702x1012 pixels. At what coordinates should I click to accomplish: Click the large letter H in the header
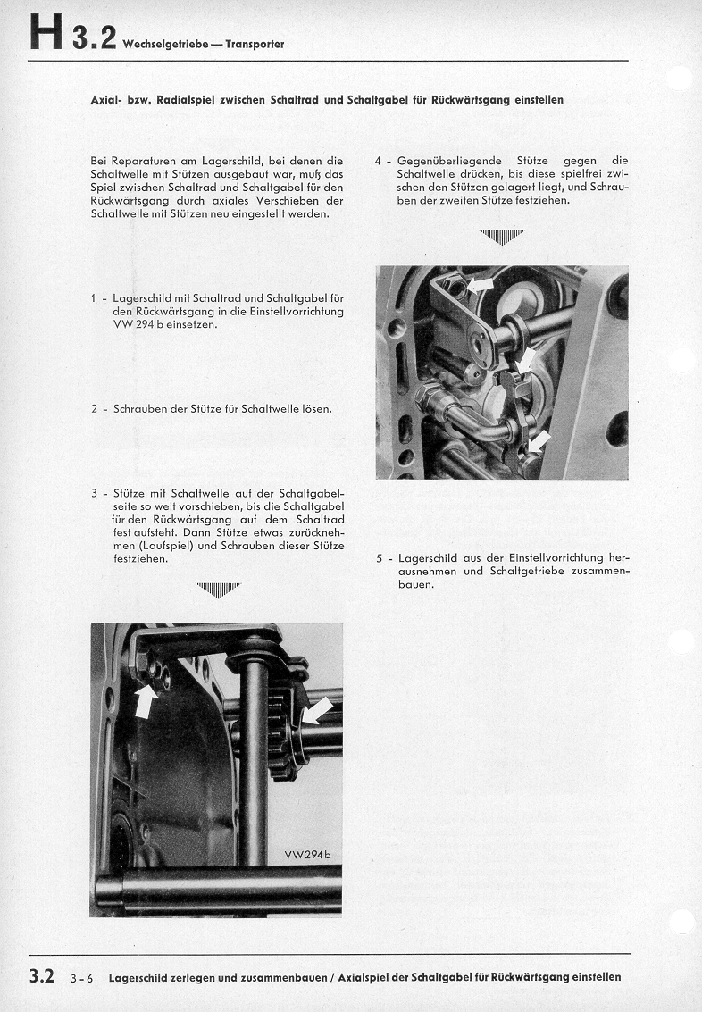coord(46,38)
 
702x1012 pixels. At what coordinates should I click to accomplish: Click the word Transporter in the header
coord(255,45)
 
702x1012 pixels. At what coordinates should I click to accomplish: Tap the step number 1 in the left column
coord(94,297)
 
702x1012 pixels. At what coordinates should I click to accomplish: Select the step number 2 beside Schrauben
coord(94,409)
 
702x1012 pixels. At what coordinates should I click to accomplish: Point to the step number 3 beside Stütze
coord(94,493)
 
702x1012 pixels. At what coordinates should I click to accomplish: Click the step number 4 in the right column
coord(379,162)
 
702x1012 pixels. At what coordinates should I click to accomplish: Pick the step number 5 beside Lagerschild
coord(379,558)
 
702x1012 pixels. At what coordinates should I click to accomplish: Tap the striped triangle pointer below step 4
coord(502,237)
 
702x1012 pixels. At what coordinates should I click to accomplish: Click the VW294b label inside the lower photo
coord(307,855)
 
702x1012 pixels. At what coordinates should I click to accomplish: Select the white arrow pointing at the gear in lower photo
coord(316,712)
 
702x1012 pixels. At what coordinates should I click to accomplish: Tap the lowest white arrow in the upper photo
coord(539,440)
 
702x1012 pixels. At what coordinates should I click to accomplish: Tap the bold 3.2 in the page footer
coord(42,977)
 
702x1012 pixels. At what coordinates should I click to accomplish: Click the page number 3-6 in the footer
coord(81,979)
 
